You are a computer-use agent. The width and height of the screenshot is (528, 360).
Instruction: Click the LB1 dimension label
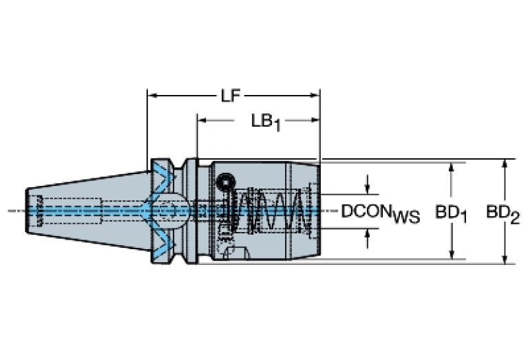coord(266,122)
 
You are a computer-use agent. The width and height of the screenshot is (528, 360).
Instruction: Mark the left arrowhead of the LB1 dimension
coord(203,120)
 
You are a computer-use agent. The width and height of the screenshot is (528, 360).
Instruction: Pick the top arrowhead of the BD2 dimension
coord(505,165)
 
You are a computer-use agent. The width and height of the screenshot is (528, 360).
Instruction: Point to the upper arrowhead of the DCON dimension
coord(369,187)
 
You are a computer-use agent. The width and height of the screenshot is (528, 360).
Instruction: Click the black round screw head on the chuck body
coord(224,182)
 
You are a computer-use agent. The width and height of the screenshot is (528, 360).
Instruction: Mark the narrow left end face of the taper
coord(28,209)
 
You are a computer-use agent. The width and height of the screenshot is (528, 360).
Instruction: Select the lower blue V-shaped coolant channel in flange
coord(164,241)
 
